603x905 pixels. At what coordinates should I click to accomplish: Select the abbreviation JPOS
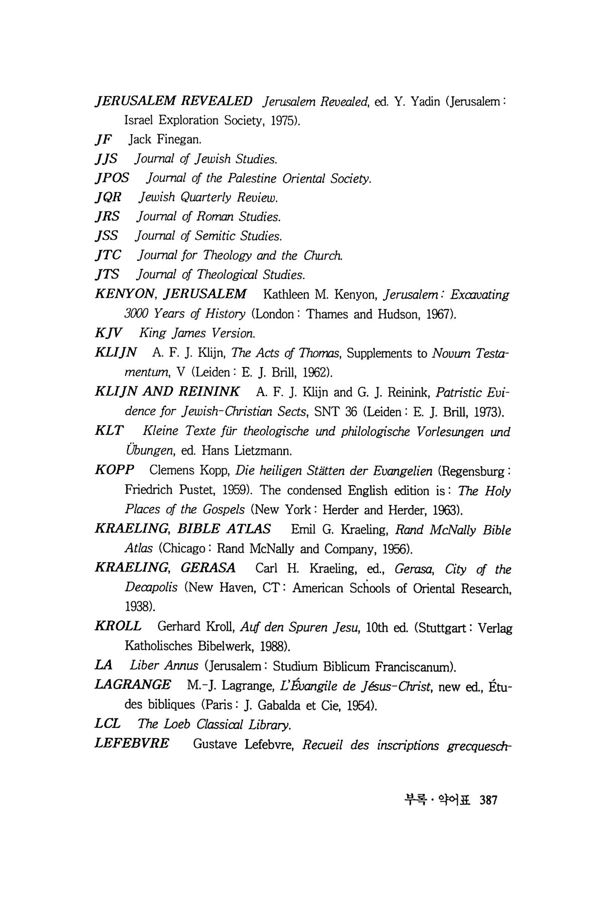click(x=112, y=178)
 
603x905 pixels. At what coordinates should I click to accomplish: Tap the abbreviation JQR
click(x=108, y=198)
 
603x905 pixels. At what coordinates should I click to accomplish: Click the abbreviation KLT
click(x=110, y=431)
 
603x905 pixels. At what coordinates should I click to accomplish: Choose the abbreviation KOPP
click(x=115, y=470)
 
